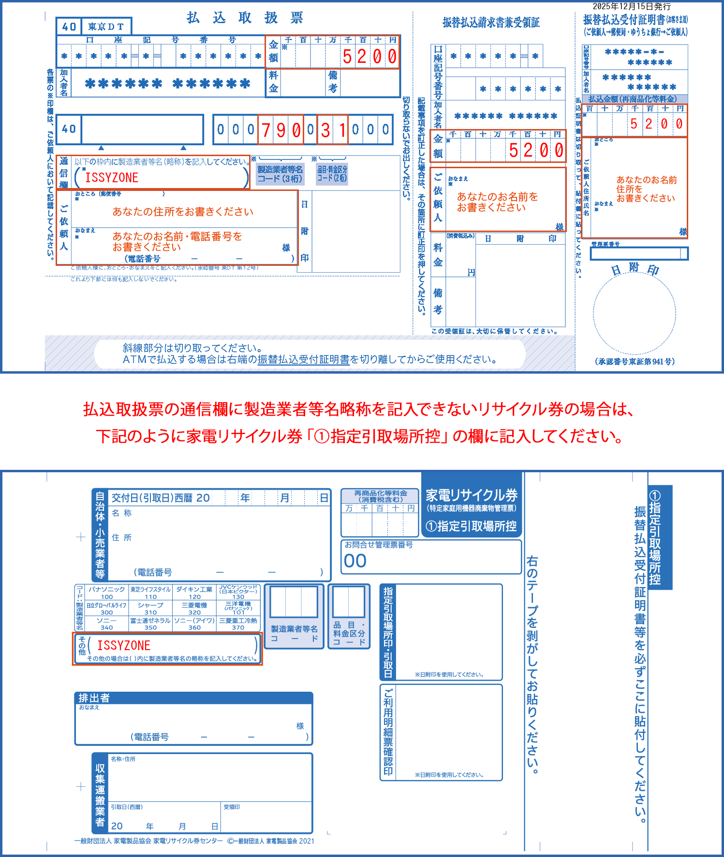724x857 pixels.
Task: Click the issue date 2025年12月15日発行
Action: (631, 6)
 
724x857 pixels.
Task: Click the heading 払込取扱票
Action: (245, 18)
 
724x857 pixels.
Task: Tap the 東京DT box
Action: (106, 27)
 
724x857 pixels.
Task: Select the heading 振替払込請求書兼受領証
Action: (491, 22)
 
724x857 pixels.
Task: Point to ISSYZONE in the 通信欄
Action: (112, 178)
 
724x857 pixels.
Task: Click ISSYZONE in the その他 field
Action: (124, 645)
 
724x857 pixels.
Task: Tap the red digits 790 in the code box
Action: (281, 130)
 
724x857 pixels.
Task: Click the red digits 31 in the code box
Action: (333, 130)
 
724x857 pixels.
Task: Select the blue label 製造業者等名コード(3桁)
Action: (280, 174)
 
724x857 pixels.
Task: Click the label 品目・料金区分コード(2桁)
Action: (332, 174)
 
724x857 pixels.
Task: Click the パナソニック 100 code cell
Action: (107, 593)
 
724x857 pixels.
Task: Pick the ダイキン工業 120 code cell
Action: (194, 593)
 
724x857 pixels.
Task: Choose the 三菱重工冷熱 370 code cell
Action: (238, 624)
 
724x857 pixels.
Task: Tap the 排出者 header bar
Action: (193, 697)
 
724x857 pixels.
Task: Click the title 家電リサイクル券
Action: (472, 495)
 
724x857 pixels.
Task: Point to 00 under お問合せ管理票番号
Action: (355, 561)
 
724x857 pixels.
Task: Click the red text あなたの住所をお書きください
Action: (183, 212)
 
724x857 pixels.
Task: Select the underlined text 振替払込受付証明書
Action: (303, 359)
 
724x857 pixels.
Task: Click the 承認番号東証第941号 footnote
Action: (635, 361)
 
